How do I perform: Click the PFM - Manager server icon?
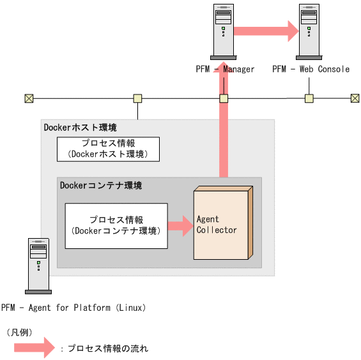point(223,30)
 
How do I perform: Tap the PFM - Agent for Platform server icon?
point(38,264)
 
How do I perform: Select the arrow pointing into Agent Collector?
point(180,225)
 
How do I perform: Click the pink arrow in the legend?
point(35,348)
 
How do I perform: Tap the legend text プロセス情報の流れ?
point(108,349)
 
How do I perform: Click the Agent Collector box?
point(221,223)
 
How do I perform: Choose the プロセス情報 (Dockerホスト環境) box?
point(108,149)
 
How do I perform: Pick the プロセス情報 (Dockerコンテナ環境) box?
point(116,225)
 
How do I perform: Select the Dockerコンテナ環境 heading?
point(100,186)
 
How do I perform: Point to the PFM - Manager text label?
point(225,69)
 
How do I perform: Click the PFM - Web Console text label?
point(311,69)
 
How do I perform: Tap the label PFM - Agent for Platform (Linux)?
point(74,308)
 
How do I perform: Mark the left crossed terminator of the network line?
point(29,98)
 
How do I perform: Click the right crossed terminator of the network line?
point(355,98)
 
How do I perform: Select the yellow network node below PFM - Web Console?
point(309,98)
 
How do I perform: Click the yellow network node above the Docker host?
point(137,98)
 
